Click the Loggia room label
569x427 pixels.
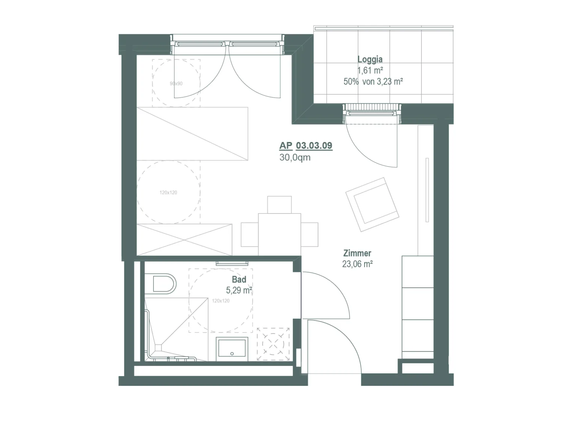point(369,60)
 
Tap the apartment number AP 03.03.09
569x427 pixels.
point(305,145)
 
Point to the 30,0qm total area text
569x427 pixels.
point(295,157)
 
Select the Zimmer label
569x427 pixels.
point(357,253)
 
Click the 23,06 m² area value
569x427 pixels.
point(357,264)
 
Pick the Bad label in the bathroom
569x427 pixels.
point(239,279)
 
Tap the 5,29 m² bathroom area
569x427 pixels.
point(239,290)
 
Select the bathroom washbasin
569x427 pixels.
point(232,349)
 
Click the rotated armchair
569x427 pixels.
point(372,205)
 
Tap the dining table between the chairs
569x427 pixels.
point(279,234)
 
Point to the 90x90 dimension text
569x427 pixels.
point(176,84)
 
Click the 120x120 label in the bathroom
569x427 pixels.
point(220,301)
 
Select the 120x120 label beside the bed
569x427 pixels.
point(168,193)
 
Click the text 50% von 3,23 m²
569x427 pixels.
point(373,82)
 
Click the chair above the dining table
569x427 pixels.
point(279,205)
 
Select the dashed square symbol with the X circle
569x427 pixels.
point(273,344)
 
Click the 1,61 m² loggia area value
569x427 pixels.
point(370,70)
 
